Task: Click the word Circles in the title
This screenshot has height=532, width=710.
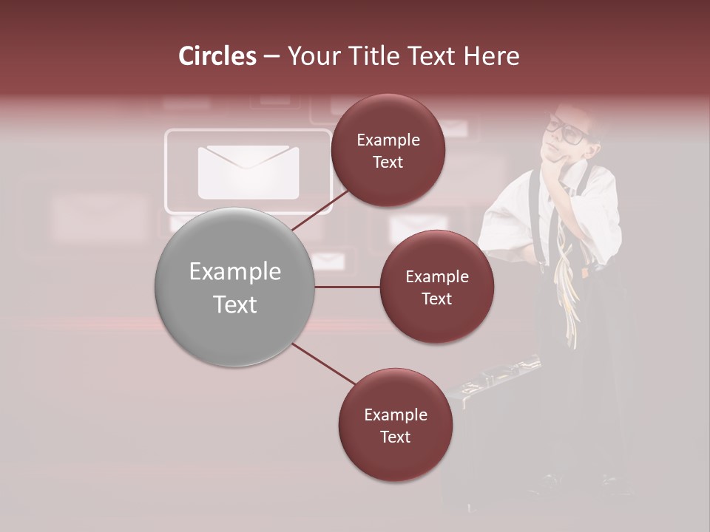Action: pos(217,56)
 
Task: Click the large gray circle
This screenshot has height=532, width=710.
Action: pos(234,287)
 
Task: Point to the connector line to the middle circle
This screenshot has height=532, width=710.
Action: pos(348,287)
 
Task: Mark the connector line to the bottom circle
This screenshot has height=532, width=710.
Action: pos(323,364)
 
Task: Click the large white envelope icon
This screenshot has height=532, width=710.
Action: pos(248,172)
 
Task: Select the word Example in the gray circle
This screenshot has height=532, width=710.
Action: pos(234,272)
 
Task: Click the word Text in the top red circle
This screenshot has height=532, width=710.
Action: pos(388,162)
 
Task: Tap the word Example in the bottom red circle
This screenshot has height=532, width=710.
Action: pos(395,415)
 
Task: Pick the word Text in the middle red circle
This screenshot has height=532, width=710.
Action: pos(437,299)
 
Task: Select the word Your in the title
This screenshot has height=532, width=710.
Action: pos(309,56)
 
